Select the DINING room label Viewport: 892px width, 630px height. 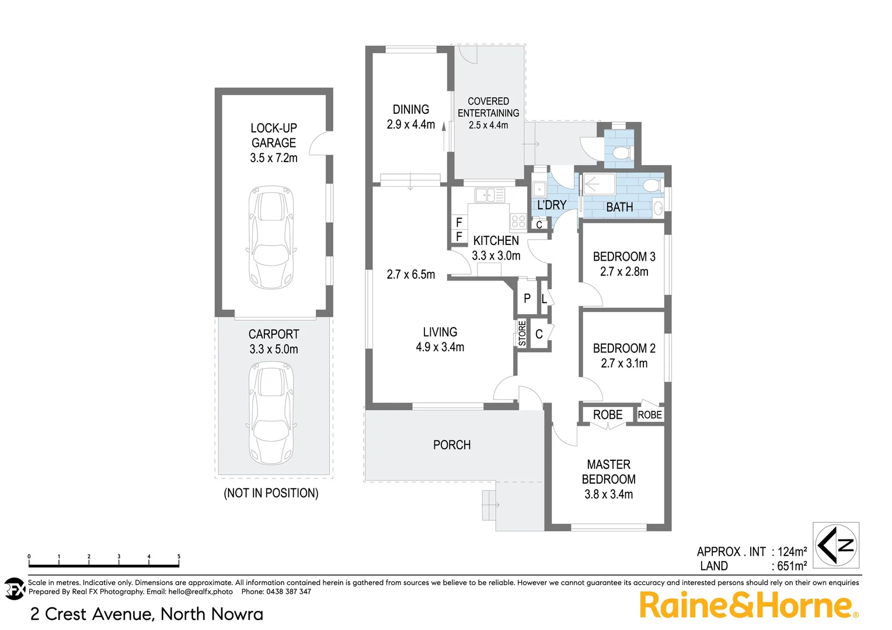pyautogui.click(x=410, y=110)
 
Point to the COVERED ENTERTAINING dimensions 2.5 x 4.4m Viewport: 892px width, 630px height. pyautogui.click(x=488, y=125)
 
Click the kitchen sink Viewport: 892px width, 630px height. pyautogui.click(x=489, y=195)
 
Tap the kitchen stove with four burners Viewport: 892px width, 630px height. pyautogui.click(x=518, y=221)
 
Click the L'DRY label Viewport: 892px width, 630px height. pyautogui.click(x=552, y=205)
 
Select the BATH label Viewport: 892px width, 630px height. pyautogui.click(x=619, y=207)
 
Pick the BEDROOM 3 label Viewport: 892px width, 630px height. pyautogui.click(x=624, y=257)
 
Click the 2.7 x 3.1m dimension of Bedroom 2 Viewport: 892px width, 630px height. pyautogui.click(x=624, y=363)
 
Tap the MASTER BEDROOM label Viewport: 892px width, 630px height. pyautogui.click(x=608, y=472)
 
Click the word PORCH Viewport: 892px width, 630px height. pyautogui.click(x=452, y=445)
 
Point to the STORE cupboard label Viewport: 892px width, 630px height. pyautogui.click(x=522, y=333)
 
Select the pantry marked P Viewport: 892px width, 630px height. pyautogui.click(x=527, y=299)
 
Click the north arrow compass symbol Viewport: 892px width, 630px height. pyautogui.click(x=837, y=545)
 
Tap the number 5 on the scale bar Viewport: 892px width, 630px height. pyautogui.click(x=179, y=556)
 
